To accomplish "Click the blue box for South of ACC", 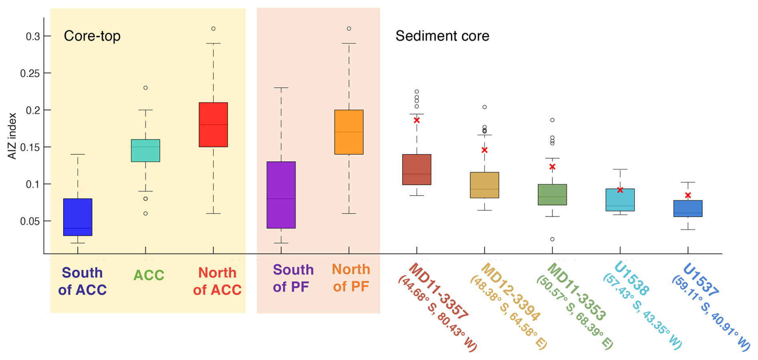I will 78,217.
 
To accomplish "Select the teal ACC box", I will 145,151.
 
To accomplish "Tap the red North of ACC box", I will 213,125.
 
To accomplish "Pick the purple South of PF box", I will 281,195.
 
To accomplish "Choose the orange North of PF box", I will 349,132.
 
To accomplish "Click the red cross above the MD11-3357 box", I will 417,120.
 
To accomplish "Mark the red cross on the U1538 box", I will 620,190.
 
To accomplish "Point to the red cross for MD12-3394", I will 484,150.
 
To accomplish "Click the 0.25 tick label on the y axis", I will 30,73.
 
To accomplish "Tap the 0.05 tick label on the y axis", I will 30,221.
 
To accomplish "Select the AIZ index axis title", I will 12,136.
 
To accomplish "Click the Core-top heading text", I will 92,36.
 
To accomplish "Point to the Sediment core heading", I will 442,36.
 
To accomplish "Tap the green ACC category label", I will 149,275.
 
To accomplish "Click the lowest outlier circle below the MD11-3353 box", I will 552,239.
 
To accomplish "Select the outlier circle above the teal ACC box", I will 145,88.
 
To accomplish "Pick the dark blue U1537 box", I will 688,208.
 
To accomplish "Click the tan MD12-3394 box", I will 484,185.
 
